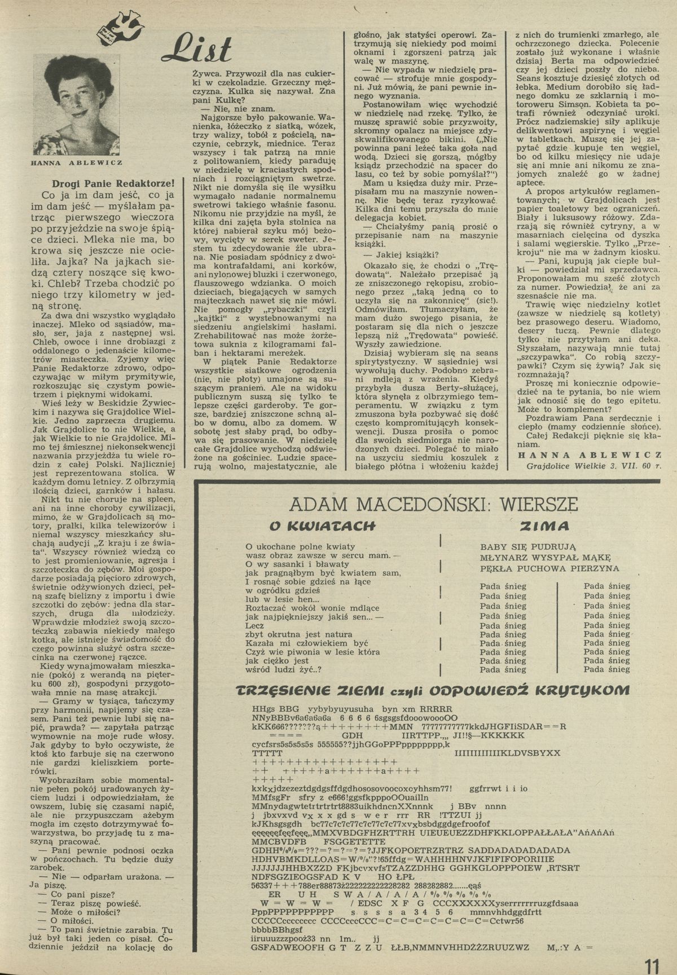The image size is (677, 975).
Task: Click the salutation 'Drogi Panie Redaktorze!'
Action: click(113, 183)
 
